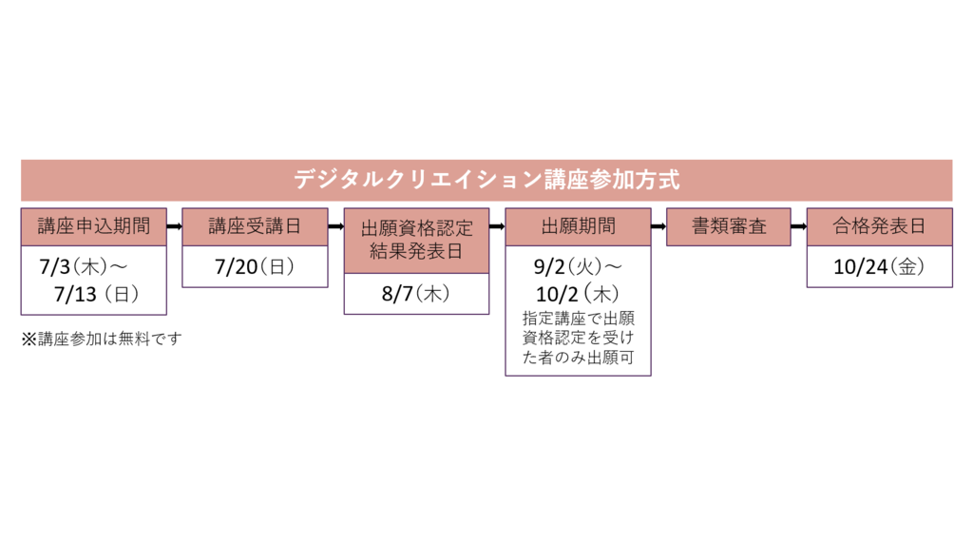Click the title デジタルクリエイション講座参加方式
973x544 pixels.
(486, 180)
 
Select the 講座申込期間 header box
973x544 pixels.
(94, 226)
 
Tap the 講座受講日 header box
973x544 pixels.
(255, 226)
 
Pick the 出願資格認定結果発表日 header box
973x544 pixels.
(416, 241)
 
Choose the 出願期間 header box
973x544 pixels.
(578, 226)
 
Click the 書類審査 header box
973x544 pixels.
(728, 226)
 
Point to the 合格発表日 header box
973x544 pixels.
(879, 226)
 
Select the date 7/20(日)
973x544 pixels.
(255, 267)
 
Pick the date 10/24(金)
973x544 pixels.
(879, 267)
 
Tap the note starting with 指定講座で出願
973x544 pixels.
(578, 340)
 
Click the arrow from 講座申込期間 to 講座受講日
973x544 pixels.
(174, 226)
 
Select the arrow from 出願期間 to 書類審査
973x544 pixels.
(658, 226)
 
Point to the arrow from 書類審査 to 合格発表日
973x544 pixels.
(798, 226)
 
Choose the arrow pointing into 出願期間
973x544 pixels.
(497, 226)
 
